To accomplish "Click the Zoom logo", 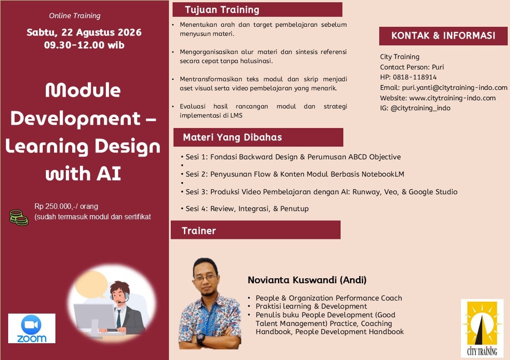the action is pyautogui.click(x=31, y=328).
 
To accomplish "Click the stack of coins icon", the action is pyautogui.click(x=19, y=217).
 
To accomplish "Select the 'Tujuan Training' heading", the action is pyautogui.click(x=222, y=10).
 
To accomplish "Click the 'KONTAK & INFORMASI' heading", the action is pyautogui.click(x=443, y=35).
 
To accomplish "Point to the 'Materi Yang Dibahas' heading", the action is pyautogui.click(x=232, y=137).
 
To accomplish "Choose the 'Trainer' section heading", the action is pyautogui.click(x=199, y=231).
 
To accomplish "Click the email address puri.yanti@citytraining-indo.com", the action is pyautogui.click(x=455, y=88).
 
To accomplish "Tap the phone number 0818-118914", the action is pyautogui.click(x=415, y=77).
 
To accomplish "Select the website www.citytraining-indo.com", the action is pyautogui.click(x=452, y=98).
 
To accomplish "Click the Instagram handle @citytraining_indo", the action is pyautogui.click(x=420, y=108).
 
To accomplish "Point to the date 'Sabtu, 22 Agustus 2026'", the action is pyautogui.click(x=84, y=32).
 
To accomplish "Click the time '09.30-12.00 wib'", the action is pyautogui.click(x=84, y=45).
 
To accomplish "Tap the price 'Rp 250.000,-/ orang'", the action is pyautogui.click(x=66, y=206).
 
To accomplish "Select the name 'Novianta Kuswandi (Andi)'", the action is pyautogui.click(x=307, y=280).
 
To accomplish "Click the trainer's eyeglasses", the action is pyautogui.click(x=206, y=278).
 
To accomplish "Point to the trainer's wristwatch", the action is pyautogui.click(x=201, y=339).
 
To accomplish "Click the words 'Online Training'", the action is pyautogui.click(x=75, y=15).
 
